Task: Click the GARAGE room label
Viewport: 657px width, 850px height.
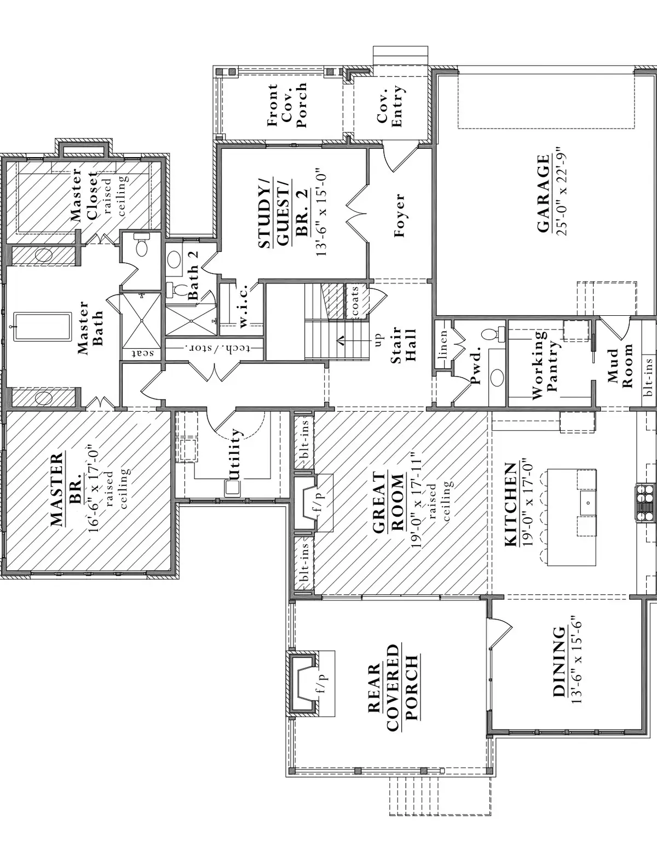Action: click(x=543, y=194)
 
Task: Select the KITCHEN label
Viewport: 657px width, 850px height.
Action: click(x=510, y=504)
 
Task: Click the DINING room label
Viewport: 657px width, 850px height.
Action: click(x=560, y=662)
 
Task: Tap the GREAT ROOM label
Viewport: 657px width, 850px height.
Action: click(x=388, y=503)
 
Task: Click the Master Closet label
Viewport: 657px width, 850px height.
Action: click(x=85, y=194)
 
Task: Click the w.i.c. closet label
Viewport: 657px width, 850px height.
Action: click(x=243, y=305)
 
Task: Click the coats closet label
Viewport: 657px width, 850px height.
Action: click(x=354, y=300)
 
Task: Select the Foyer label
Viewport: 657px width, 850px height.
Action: click(x=399, y=215)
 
